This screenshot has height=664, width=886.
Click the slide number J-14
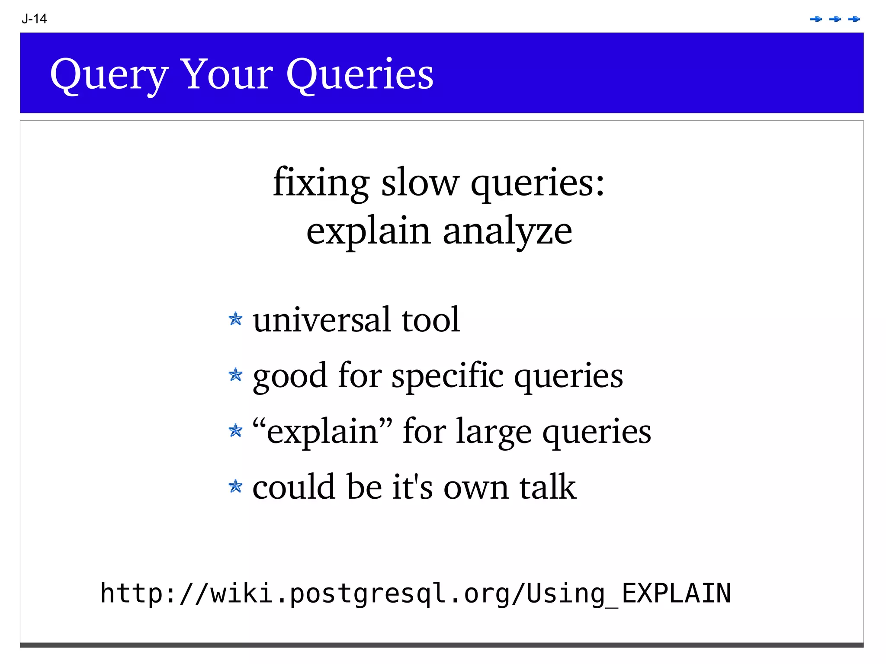(34, 19)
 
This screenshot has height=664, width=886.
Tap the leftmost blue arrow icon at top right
(816, 19)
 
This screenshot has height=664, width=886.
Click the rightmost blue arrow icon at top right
(854, 19)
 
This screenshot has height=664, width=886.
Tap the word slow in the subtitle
(420, 183)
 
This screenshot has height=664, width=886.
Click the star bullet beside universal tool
(235, 319)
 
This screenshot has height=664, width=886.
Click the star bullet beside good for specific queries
(235, 375)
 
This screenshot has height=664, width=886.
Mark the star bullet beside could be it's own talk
(235, 486)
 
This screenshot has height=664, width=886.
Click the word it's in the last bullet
(412, 487)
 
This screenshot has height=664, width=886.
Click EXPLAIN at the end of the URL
(676, 593)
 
